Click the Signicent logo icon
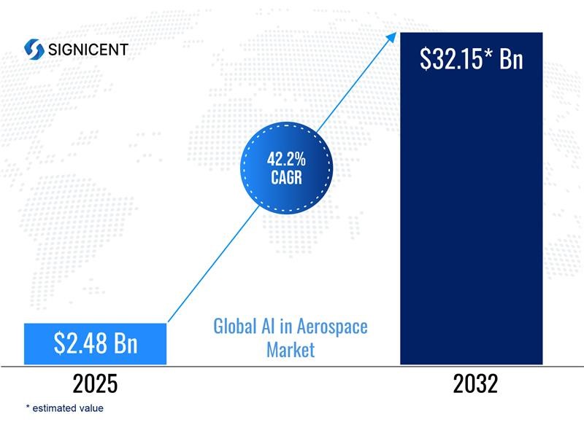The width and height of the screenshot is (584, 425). click(x=34, y=49)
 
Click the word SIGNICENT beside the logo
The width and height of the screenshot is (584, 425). click(x=88, y=50)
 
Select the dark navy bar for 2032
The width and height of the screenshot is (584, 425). click(x=471, y=198)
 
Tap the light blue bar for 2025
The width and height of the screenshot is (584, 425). click(x=95, y=343)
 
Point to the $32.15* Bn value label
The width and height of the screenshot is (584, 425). click(x=471, y=59)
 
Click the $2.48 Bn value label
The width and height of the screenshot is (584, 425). click(x=96, y=343)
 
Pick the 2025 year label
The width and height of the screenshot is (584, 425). click(x=95, y=383)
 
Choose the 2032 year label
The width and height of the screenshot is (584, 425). click(x=475, y=383)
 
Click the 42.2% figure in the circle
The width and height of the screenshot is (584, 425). click(x=286, y=159)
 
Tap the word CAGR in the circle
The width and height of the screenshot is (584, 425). click(x=286, y=177)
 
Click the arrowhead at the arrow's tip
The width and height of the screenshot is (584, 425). click(x=392, y=36)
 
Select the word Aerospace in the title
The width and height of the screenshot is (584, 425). click(x=332, y=327)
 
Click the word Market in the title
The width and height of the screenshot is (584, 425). click(x=291, y=350)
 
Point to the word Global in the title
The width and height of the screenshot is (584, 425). click(x=235, y=326)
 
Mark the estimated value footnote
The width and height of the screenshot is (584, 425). click(x=64, y=408)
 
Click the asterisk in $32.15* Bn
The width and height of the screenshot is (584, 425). click(x=488, y=53)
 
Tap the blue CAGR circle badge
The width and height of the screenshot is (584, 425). click(x=286, y=168)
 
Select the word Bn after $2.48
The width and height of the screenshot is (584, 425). click(x=126, y=343)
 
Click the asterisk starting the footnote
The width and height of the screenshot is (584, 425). click(x=28, y=406)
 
